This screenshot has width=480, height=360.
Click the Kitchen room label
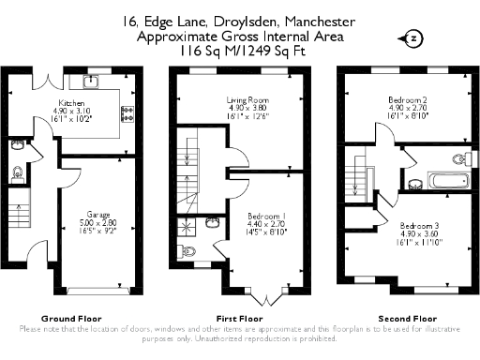pyautogui.click(x=73, y=103)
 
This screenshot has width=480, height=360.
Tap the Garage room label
pyautogui.click(x=99, y=214)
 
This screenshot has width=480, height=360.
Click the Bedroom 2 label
pyautogui.click(x=409, y=98)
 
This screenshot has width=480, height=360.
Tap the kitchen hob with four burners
pyautogui.click(x=126, y=114)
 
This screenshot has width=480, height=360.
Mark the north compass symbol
pyautogui.click(x=413, y=38)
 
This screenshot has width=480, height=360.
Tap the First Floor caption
pyautogui.click(x=240, y=317)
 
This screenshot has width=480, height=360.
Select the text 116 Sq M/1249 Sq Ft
pyautogui.click(x=240, y=52)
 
